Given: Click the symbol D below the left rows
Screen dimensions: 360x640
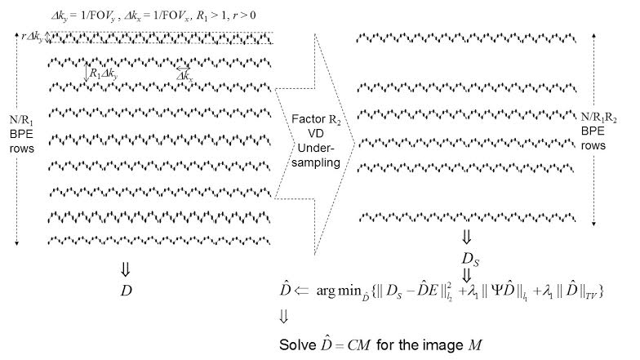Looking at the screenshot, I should click(126, 290).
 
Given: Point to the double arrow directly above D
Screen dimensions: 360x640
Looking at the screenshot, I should click(126, 269).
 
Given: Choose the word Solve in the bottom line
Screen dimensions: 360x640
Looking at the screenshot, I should click(297, 342).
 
